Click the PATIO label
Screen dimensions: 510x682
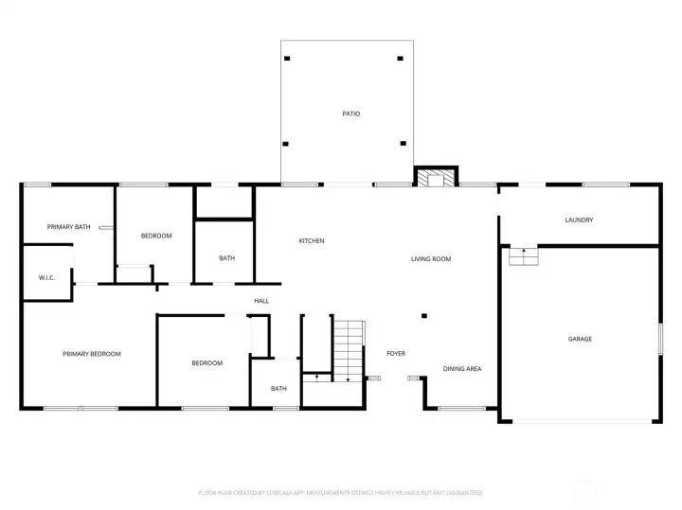click(350, 114)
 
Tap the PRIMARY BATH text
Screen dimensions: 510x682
click(69, 227)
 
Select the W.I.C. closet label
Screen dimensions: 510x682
click(46, 277)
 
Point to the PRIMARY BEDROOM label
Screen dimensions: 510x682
click(92, 354)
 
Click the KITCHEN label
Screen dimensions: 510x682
click(312, 241)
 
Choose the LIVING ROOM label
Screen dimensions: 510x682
click(430, 259)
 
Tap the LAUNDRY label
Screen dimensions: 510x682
click(579, 220)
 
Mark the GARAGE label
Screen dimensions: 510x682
click(580, 339)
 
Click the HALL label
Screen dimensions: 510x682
click(260, 301)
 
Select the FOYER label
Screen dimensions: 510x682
click(396, 354)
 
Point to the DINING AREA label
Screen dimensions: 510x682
click(462, 369)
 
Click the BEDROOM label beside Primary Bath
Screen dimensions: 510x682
click(156, 236)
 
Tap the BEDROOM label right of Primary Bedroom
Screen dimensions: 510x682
click(206, 363)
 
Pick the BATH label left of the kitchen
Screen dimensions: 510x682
click(227, 258)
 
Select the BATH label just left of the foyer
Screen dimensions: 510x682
click(278, 389)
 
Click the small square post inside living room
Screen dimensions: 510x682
click(424, 316)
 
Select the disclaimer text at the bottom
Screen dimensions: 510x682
click(341, 493)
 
